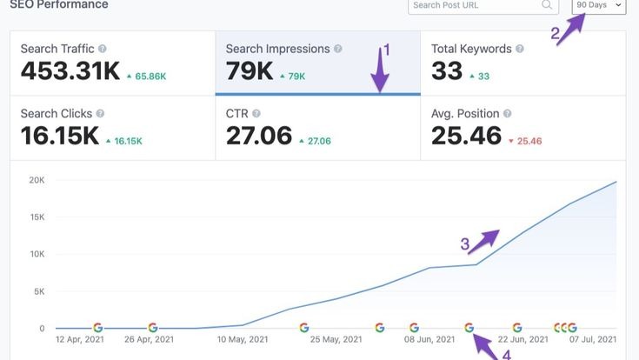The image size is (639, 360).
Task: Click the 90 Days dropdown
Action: [x=599, y=6]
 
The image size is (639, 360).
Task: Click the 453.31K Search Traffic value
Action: [x=70, y=70]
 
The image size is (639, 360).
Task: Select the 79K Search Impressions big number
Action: [x=249, y=70]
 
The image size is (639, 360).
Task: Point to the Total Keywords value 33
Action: [x=447, y=70]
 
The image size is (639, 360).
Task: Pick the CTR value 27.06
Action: [x=257, y=136]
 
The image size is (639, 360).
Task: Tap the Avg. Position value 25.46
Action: [x=466, y=136]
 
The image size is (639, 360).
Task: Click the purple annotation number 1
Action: [x=387, y=50]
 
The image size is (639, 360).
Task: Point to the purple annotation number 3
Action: [x=465, y=244]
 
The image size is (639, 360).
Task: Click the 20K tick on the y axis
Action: [x=37, y=180]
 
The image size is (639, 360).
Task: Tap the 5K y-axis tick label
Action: [x=39, y=291]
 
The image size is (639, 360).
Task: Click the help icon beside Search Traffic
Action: [x=103, y=49]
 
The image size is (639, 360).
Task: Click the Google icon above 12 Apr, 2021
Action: [x=98, y=328]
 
